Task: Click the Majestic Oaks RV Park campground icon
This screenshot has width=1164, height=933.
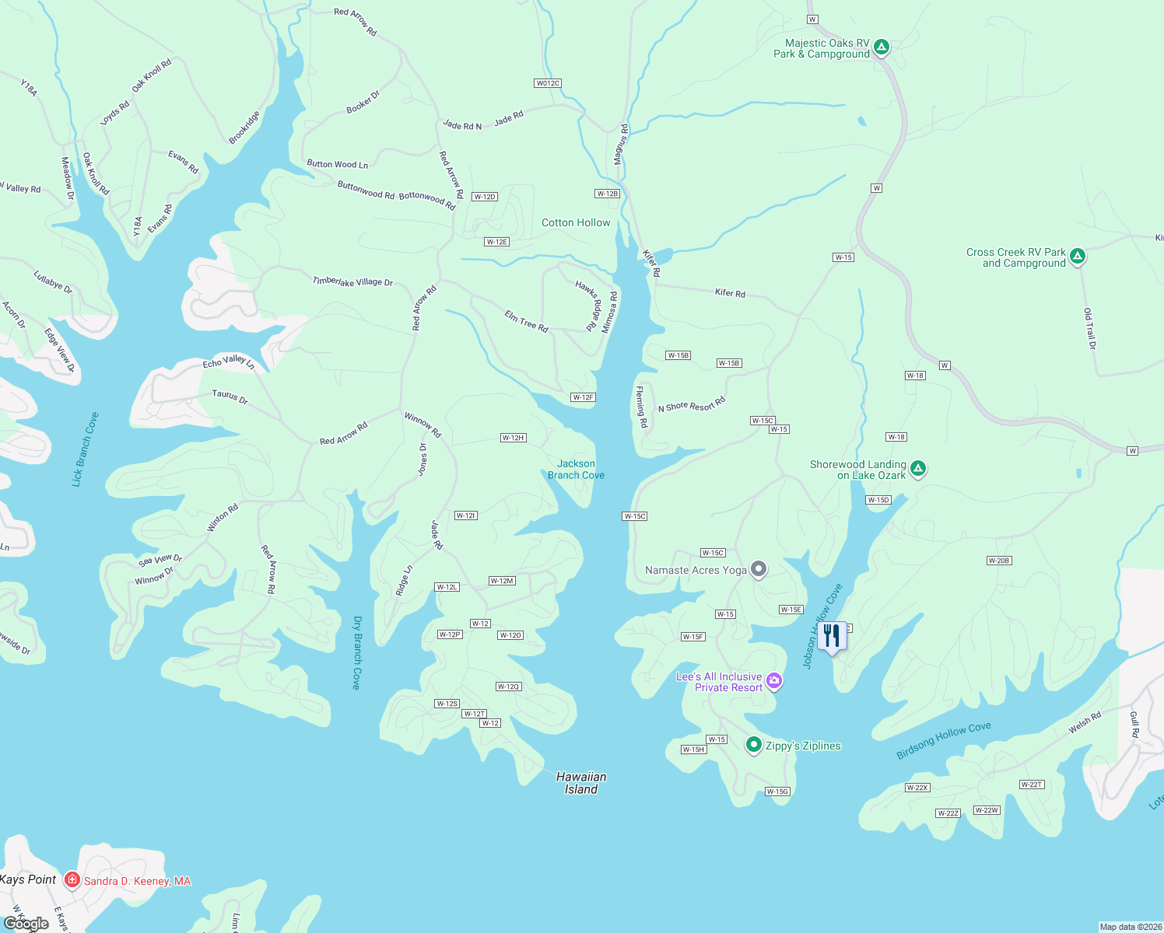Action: [881, 47]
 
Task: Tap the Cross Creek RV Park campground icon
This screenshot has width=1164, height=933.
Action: [1077, 256]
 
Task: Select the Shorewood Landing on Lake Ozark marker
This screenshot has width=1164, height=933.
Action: [918, 468]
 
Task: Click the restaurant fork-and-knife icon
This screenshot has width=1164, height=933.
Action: [832, 636]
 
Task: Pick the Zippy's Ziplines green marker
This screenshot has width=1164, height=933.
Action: [753, 745]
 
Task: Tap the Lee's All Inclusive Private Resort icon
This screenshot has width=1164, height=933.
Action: [773, 681]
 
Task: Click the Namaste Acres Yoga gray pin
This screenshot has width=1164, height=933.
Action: [759, 569]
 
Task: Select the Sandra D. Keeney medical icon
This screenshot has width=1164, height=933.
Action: [72, 880]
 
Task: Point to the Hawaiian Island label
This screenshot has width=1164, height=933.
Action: [581, 782]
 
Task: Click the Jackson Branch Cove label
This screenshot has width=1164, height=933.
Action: [576, 469]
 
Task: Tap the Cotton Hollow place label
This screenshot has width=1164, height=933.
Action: [576, 222]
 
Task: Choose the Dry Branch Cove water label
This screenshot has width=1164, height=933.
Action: [357, 652]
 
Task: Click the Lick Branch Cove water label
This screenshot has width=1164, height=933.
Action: [86, 449]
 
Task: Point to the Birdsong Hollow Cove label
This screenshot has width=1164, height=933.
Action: [943, 740]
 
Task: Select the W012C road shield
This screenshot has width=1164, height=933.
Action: [548, 83]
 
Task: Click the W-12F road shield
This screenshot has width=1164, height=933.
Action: [583, 397]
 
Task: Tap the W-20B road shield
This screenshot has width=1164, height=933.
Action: [998, 561]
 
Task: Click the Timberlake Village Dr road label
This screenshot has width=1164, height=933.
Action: [352, 281]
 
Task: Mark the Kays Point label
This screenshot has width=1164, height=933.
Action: [29, 879]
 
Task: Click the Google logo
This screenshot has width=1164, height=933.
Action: [26, 923]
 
